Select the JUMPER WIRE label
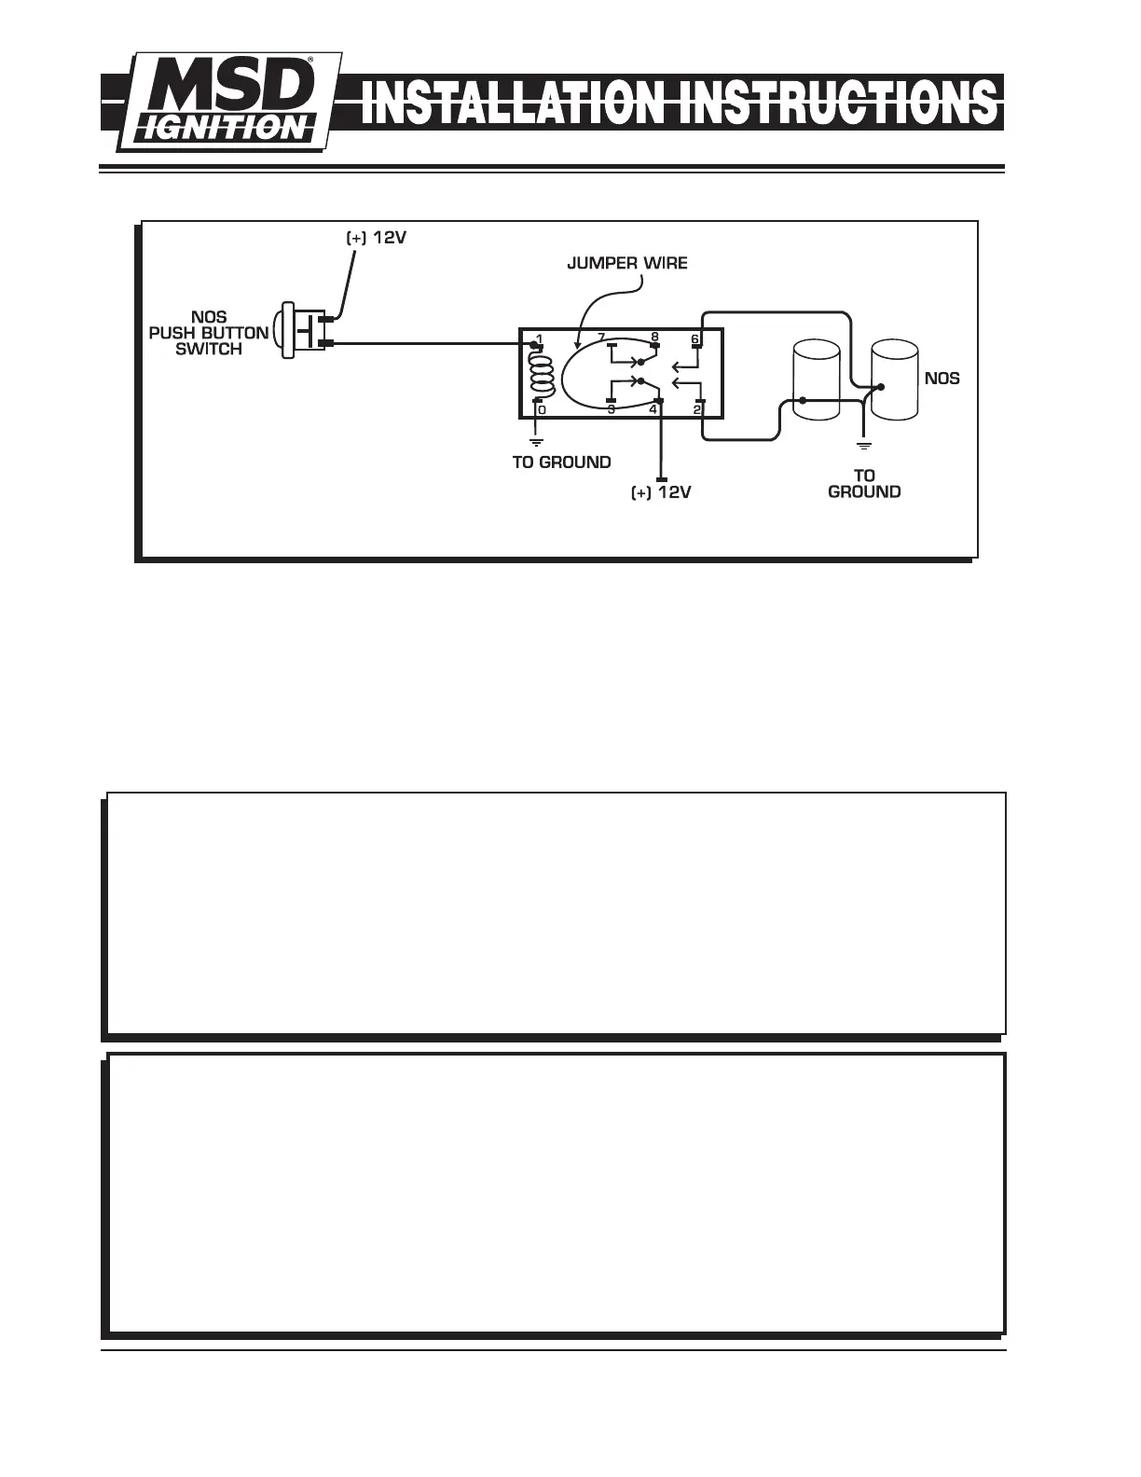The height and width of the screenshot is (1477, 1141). coord(627,263)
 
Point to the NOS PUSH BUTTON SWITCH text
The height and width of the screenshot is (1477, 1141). coord(209,333)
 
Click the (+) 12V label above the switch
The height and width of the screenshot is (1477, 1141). coord(377,237)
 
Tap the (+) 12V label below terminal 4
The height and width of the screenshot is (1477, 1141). coord(661,492)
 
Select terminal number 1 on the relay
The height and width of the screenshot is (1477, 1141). coord(539,338)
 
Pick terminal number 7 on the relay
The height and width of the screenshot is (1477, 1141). coord(601,338)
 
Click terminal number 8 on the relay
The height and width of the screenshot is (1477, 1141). coord(654,338)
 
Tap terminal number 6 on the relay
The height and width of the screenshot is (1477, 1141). coord(694,338)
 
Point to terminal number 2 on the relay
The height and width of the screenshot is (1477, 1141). coord(697,409)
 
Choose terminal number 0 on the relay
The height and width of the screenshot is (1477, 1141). coord(542,410)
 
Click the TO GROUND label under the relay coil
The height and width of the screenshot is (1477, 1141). coord(561,462)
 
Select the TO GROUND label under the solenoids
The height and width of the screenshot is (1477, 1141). coord(864,483)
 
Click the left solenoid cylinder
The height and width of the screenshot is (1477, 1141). coord(814,381)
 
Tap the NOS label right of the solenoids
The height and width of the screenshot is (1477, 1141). coord(942,379)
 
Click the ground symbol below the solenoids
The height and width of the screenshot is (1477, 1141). coord(864,443)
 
